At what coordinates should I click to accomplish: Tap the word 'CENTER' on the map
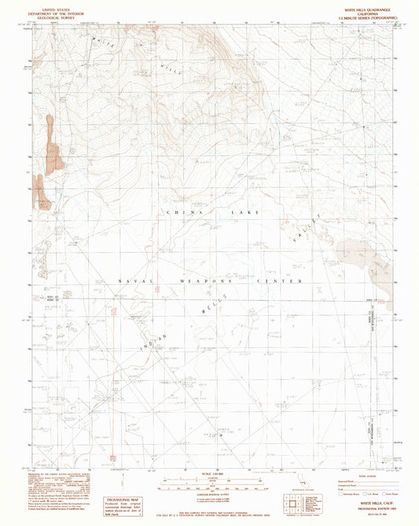[x=289, y=281]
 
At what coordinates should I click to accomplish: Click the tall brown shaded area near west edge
[x=52, y=146]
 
